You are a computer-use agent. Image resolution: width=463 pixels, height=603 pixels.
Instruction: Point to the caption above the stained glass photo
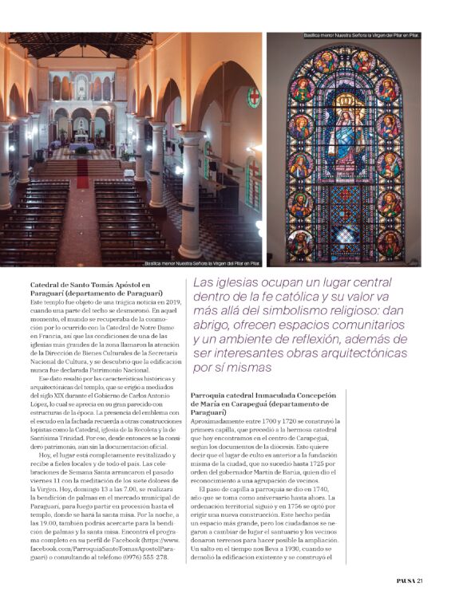pyautogui.click(x=362, y=36)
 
